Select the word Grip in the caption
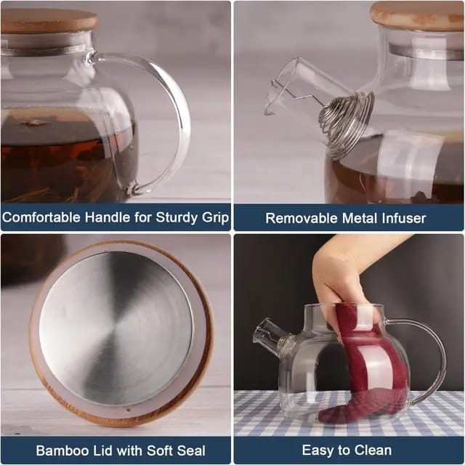click(214, 217)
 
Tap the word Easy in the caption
click(317, 450)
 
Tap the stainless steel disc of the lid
click(116, 328)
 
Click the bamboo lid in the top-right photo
click(418, 15)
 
